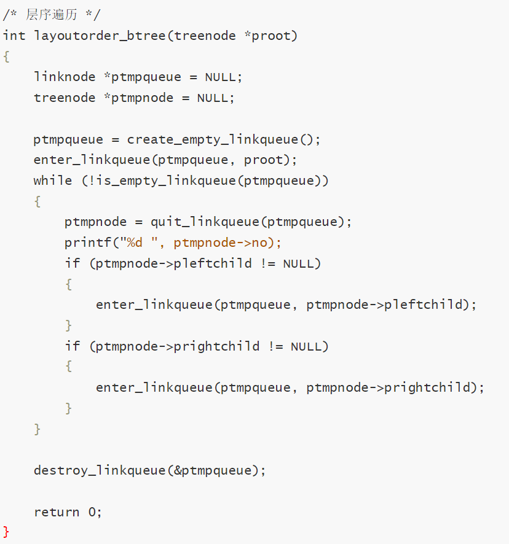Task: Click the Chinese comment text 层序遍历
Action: [52, 15]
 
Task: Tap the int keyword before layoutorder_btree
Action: [14, 36]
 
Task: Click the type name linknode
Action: [65, 77]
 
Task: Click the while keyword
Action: [53, 181]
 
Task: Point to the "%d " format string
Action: [146, 243]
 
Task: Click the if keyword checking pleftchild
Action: [73, 264]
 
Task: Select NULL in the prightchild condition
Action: [306, 347]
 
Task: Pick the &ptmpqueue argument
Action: [216, 471]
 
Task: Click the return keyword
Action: [57, 512]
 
